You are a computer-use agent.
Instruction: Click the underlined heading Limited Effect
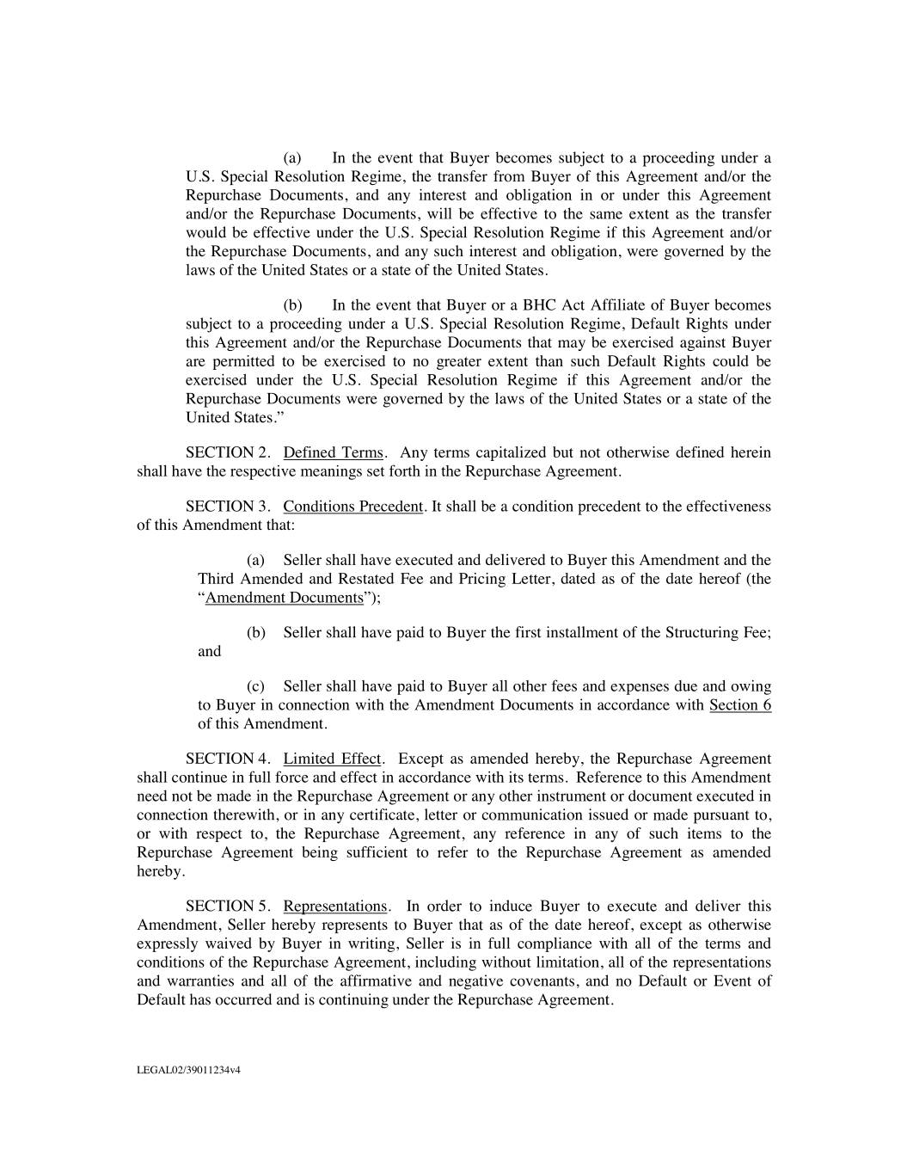[x=332, y=759]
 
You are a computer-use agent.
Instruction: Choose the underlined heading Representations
[x=335, y=907]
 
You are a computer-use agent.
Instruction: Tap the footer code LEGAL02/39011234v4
[x=188, y=1071]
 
